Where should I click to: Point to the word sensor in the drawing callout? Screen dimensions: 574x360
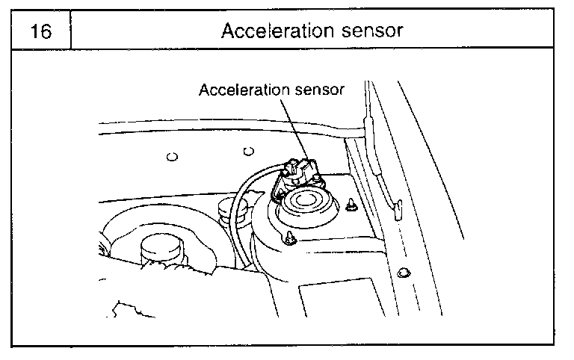pos(318,90)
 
